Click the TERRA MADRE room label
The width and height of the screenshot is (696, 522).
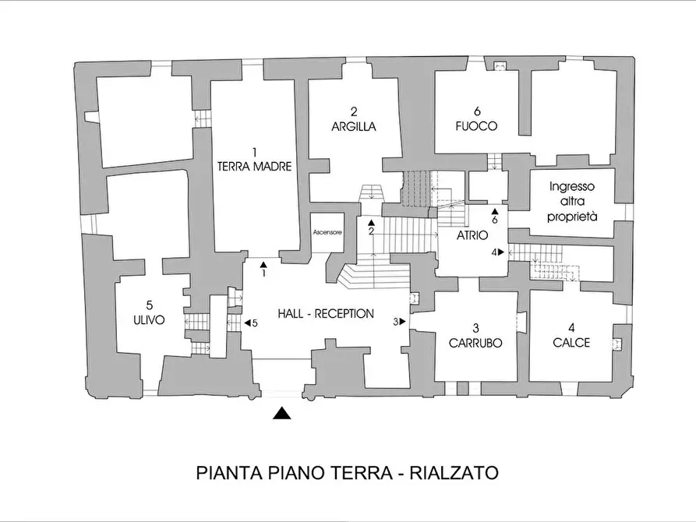coord(254,166)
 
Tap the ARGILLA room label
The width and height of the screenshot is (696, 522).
coord(353,126)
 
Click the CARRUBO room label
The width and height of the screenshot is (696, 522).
coord(475,342)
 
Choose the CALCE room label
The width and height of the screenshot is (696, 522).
coord(571,342)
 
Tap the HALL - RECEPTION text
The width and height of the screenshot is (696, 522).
coord(326,314)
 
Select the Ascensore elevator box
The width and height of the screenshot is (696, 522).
coord(327,231)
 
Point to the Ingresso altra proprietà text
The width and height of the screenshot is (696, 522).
coord(571,203)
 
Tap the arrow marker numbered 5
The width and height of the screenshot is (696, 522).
coord(249,323)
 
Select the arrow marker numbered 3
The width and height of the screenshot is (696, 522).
coord(398,321)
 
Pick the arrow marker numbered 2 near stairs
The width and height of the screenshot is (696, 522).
coord(372,226)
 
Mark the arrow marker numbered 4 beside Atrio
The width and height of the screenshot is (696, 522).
coord(496,252)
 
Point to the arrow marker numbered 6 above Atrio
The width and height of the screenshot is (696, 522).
coord(494,215)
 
